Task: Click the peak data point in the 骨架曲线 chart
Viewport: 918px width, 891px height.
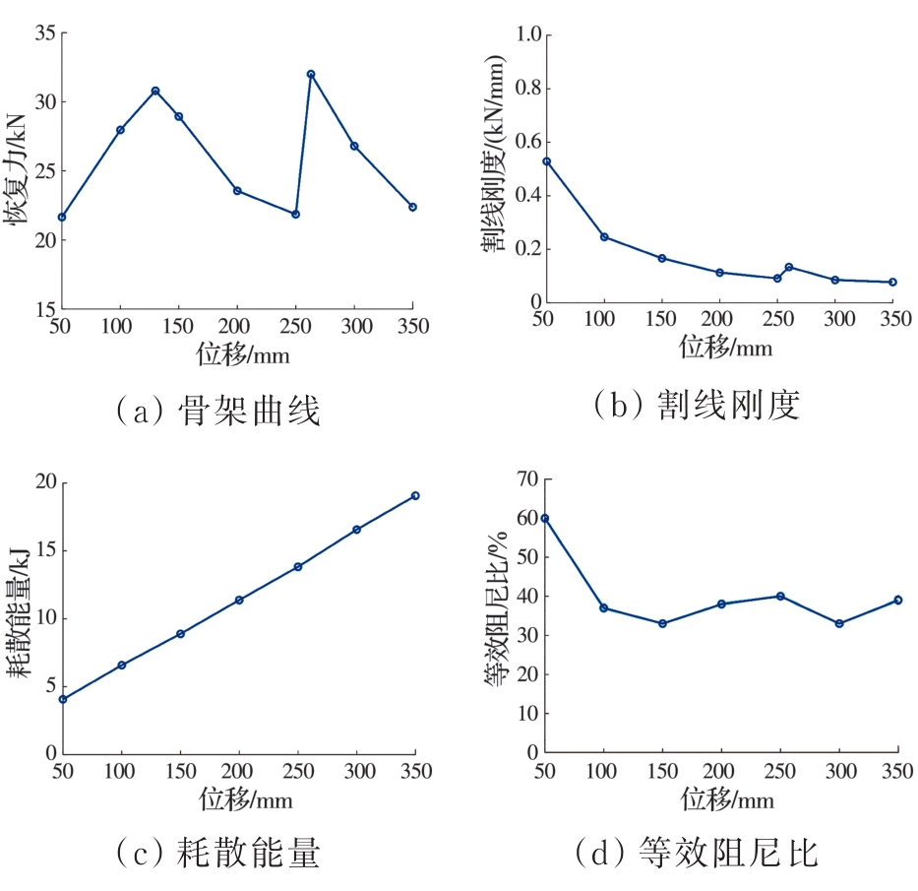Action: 311,74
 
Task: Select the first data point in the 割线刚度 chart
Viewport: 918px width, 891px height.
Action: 546,161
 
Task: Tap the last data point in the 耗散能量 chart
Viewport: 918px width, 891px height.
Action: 415,495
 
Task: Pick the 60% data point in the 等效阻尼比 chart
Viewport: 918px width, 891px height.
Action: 544,518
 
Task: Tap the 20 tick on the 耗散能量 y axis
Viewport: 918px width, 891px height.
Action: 44,482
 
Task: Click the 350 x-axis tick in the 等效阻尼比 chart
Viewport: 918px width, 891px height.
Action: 897,770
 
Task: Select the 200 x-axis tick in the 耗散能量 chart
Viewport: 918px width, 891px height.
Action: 237,770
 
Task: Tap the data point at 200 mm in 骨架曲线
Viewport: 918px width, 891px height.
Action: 237,190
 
